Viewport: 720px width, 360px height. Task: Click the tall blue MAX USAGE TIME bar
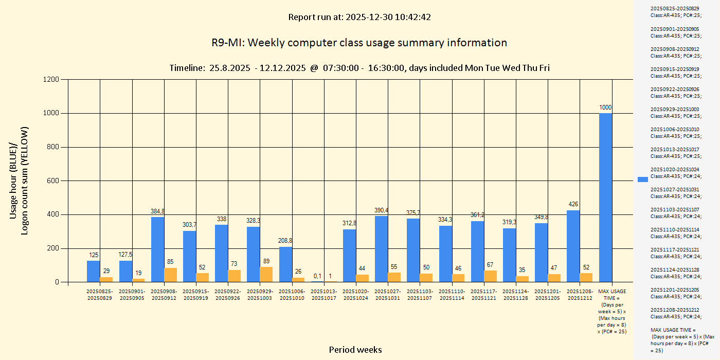(x=605, y=197)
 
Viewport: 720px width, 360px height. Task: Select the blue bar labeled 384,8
(x=158, y=249)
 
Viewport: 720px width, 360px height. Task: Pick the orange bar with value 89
(x=266, y=274)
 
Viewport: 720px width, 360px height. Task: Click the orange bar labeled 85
(x=170, y=275)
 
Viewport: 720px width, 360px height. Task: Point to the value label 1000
(x=605, y=107)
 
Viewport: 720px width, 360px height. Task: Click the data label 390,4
(x=381, y=210)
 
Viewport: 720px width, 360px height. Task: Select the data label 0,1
(x=317, y=276)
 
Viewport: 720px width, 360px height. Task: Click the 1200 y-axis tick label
(x=50, y=79)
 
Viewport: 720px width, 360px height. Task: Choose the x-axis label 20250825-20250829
(x=100, y=295)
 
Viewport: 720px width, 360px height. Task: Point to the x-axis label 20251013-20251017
(x=323, y=295)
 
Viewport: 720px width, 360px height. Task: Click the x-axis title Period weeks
(x=355, y=350)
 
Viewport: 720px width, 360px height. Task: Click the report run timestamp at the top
(x=359, y=17)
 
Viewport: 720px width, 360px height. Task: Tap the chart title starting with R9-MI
(x=359, y=43)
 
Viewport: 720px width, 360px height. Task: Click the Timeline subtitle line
(x=359, y=68)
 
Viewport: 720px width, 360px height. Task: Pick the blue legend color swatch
(x=643, y=179)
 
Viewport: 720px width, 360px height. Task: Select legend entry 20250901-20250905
(x=674, y=32)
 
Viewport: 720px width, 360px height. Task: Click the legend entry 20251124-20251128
(x=674, y=273)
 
